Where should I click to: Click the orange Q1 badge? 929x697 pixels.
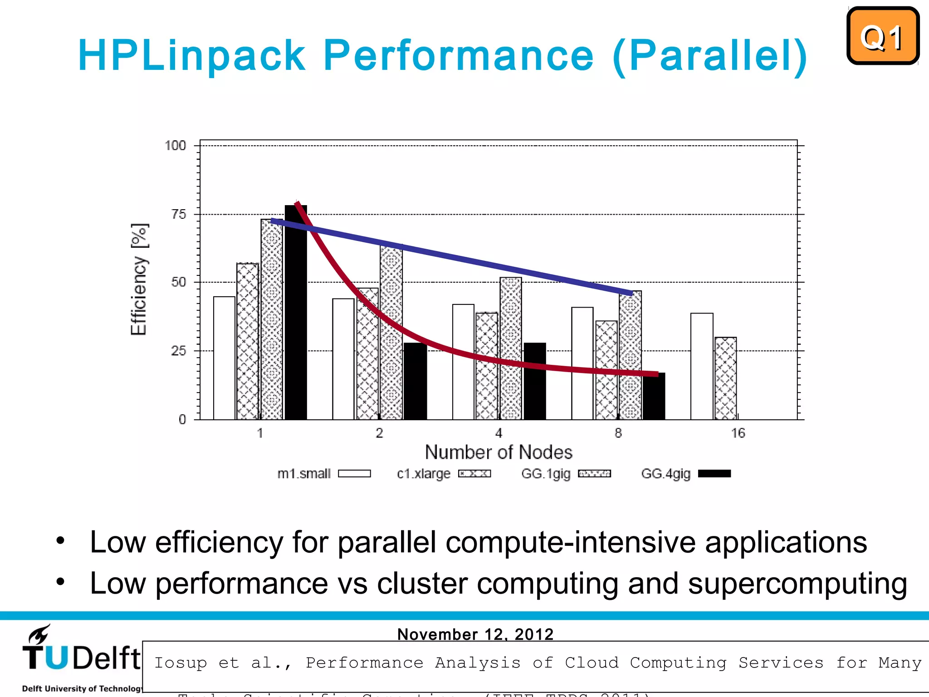pyautogui.click(x=882, y=36)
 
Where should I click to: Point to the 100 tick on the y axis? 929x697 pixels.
pyautogui.click(x=175, y=146)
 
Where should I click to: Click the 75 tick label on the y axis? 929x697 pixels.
pyautogui.click(x=179, y=214)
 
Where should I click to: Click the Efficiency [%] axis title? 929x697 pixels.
pyautogui.click(x=139, y=279)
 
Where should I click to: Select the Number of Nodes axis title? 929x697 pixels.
pyautogui.click(x=498, y=452)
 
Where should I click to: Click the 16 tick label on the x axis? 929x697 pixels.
pyautogui.click(x=738, y=433)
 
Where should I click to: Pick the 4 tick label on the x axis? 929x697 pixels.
pyautogui.click(x=499, y=433)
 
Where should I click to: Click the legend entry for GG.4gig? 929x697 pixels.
pyautogui.click(x=685, y=474)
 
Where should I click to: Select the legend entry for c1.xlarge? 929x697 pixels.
pyautogui.click(x=443, y=474)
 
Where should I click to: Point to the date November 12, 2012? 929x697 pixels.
pyautogui.click(x=475, y=634)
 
